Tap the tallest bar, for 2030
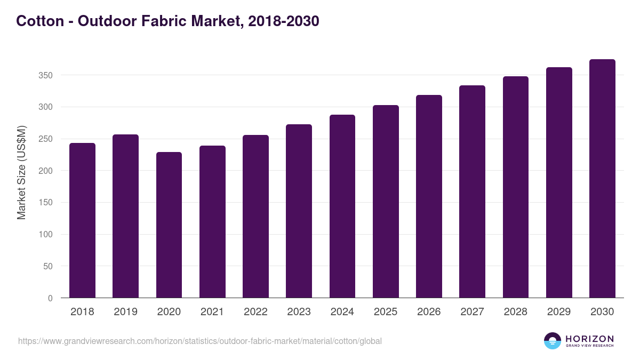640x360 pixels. point(602,179)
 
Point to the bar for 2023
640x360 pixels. point(299,211)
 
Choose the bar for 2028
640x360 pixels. point(515,187)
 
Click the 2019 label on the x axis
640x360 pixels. point(125,312)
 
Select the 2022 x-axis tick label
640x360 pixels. point(255,312)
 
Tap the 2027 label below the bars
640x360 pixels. point(472,312)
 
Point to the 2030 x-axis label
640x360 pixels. point(602,312)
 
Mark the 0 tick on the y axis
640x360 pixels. point(50,298)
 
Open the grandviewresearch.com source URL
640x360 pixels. point(200,341)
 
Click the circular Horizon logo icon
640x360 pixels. point(553,341)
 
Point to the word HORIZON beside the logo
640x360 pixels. point(589,339)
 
